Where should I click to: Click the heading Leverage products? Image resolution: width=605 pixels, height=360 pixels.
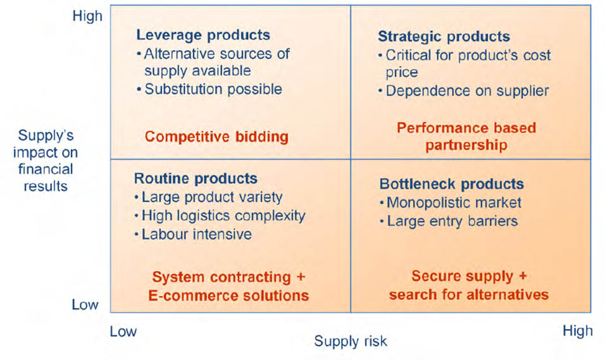[x=203, y=35]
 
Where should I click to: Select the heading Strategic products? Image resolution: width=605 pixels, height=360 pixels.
[x=444, y=37]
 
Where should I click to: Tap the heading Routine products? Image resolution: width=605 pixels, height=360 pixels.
[x=196, y=178]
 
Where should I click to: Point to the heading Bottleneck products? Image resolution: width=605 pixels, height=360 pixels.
[x=451, y=184]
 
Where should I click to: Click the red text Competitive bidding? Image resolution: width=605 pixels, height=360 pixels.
[x=216, y=137]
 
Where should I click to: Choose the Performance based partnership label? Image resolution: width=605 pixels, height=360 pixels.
[x=466, y=137]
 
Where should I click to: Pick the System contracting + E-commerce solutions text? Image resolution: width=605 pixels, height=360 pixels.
[x=228, y=287]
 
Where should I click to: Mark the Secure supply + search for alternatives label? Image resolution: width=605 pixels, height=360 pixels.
[x=468, y=285]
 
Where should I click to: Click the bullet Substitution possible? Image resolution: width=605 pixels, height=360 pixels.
[x=209, y=89]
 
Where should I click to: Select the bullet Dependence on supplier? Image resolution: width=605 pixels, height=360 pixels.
[x=463, y=91]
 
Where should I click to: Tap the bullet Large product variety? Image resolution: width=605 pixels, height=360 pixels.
[x=208, y=197]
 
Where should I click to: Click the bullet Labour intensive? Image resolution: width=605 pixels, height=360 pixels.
[x=193, y=235]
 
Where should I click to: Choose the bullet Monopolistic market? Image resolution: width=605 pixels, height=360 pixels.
[x=451, y=203]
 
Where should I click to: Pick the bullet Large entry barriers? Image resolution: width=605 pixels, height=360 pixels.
[x=449, y=221]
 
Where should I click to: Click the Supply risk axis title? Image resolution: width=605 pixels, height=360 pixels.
[x=351, y=342]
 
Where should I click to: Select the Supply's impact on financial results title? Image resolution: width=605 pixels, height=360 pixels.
[x=46, y=161]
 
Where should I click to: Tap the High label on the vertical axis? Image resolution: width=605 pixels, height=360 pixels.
[x=87, y=16]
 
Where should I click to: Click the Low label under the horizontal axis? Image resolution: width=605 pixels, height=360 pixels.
[x=123, y=332]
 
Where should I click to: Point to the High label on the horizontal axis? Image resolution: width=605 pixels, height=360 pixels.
[x=578, y=331]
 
